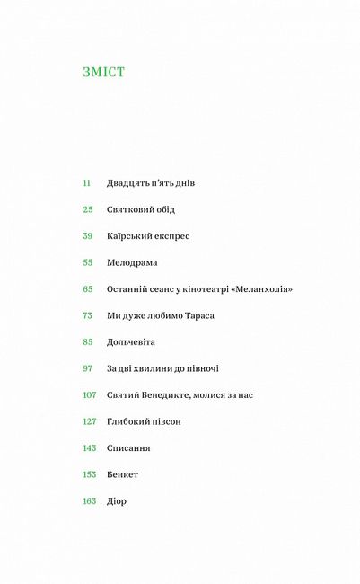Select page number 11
(87, 182)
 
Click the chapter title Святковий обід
(141, 209)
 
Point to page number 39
(87, 235)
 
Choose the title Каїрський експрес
(148, 235)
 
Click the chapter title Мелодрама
(132, 262)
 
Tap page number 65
(87, 288)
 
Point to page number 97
(87, 368)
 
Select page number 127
(89, 421)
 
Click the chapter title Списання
(128, 447)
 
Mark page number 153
(89, 474)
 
